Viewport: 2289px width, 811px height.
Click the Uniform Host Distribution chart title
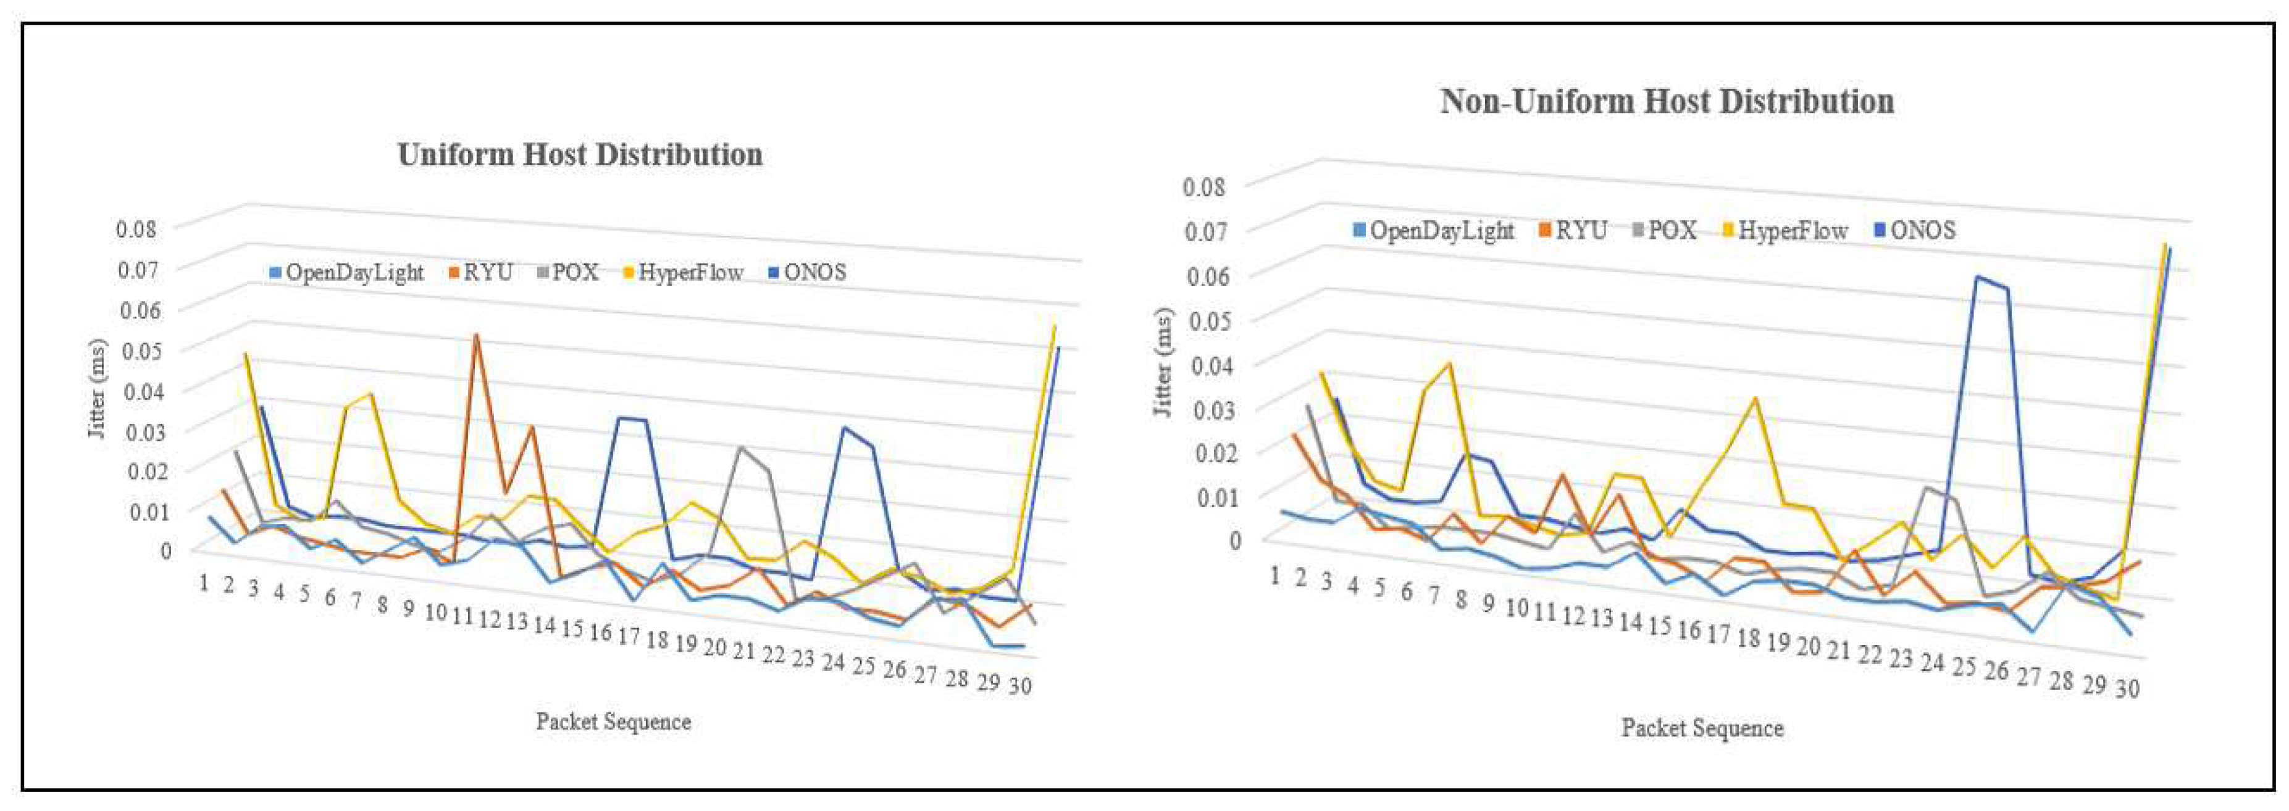coord(579,154)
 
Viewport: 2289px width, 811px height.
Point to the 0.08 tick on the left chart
coord(136,229)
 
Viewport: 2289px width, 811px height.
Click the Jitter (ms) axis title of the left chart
coord(98,388)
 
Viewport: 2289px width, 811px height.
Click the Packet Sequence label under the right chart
coord(1702,728)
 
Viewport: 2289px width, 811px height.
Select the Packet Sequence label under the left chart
coord(613,722)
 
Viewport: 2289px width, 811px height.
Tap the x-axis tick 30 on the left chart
coord(1020,686)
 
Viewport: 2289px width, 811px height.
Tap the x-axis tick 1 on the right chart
coord(1274,576)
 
